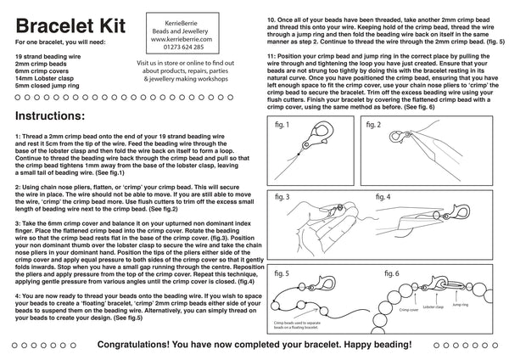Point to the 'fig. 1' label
click(288, 126)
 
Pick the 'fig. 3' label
click(288, 196)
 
